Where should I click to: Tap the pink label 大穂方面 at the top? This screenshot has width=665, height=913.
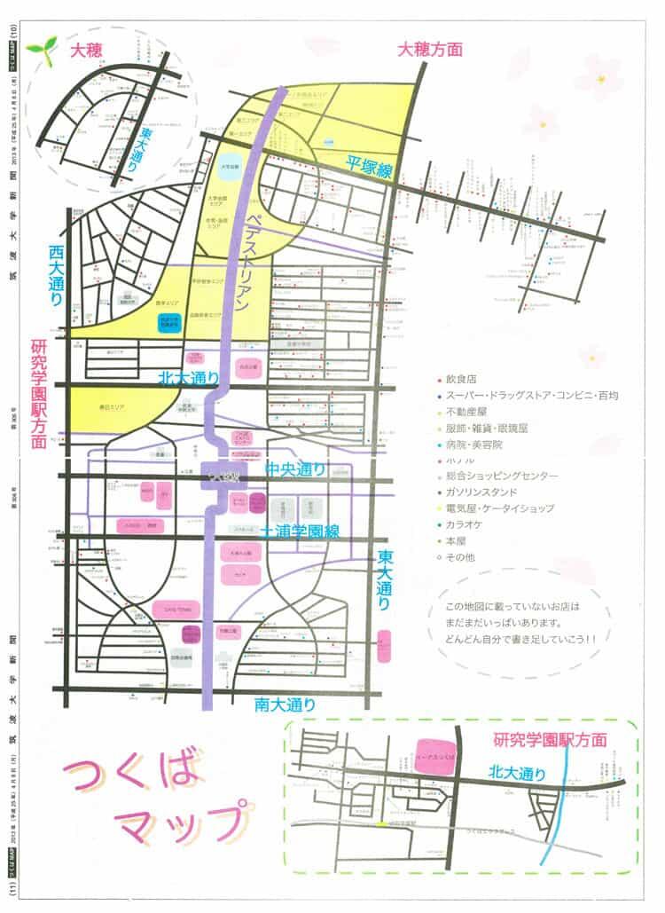pos(430,50)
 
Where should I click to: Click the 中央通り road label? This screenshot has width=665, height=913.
pos(295,468)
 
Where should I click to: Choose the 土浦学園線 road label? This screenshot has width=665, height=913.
pos(301,531)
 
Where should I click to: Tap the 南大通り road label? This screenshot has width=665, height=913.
pos(286,704)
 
